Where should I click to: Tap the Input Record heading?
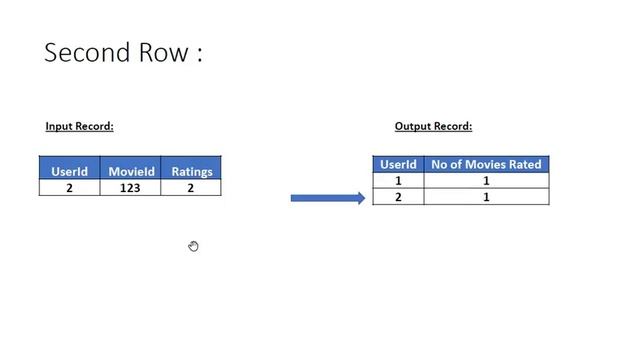tap(79, 127)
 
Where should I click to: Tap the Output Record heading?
tap(433, 127)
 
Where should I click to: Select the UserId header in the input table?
tap(69, 172)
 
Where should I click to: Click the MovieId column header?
tap(130, 172)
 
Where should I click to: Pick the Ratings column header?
tap(192, 172)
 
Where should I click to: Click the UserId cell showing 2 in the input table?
tap(69, 188)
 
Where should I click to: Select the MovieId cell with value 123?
tap(130, 188)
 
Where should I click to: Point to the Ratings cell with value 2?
tap(192, 188)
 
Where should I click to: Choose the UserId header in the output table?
tap(398, 164)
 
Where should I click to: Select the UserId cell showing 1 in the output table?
tap(398, 180)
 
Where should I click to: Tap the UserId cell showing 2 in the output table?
tap(398, 197)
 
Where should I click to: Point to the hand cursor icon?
tap(193, 246)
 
